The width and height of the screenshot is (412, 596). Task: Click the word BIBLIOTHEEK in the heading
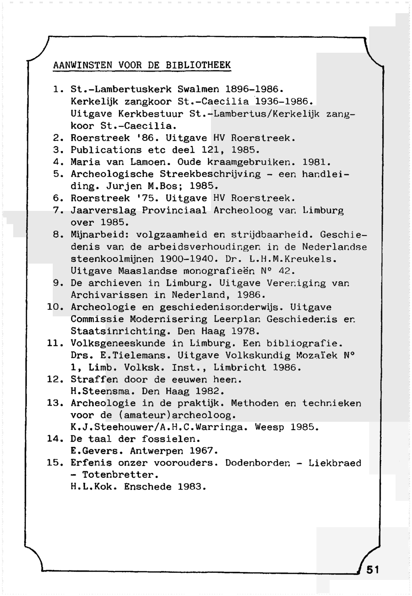click(198, 65)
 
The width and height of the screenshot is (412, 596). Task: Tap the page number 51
click(372, 570)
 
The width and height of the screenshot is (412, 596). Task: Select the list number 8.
click(57, 235)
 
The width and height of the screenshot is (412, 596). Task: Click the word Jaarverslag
click(103, 210)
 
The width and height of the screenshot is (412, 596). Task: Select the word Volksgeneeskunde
click(118, 344)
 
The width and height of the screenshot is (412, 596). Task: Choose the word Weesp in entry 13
click(269, 428)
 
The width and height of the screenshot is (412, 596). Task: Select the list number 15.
click(54, 463)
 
